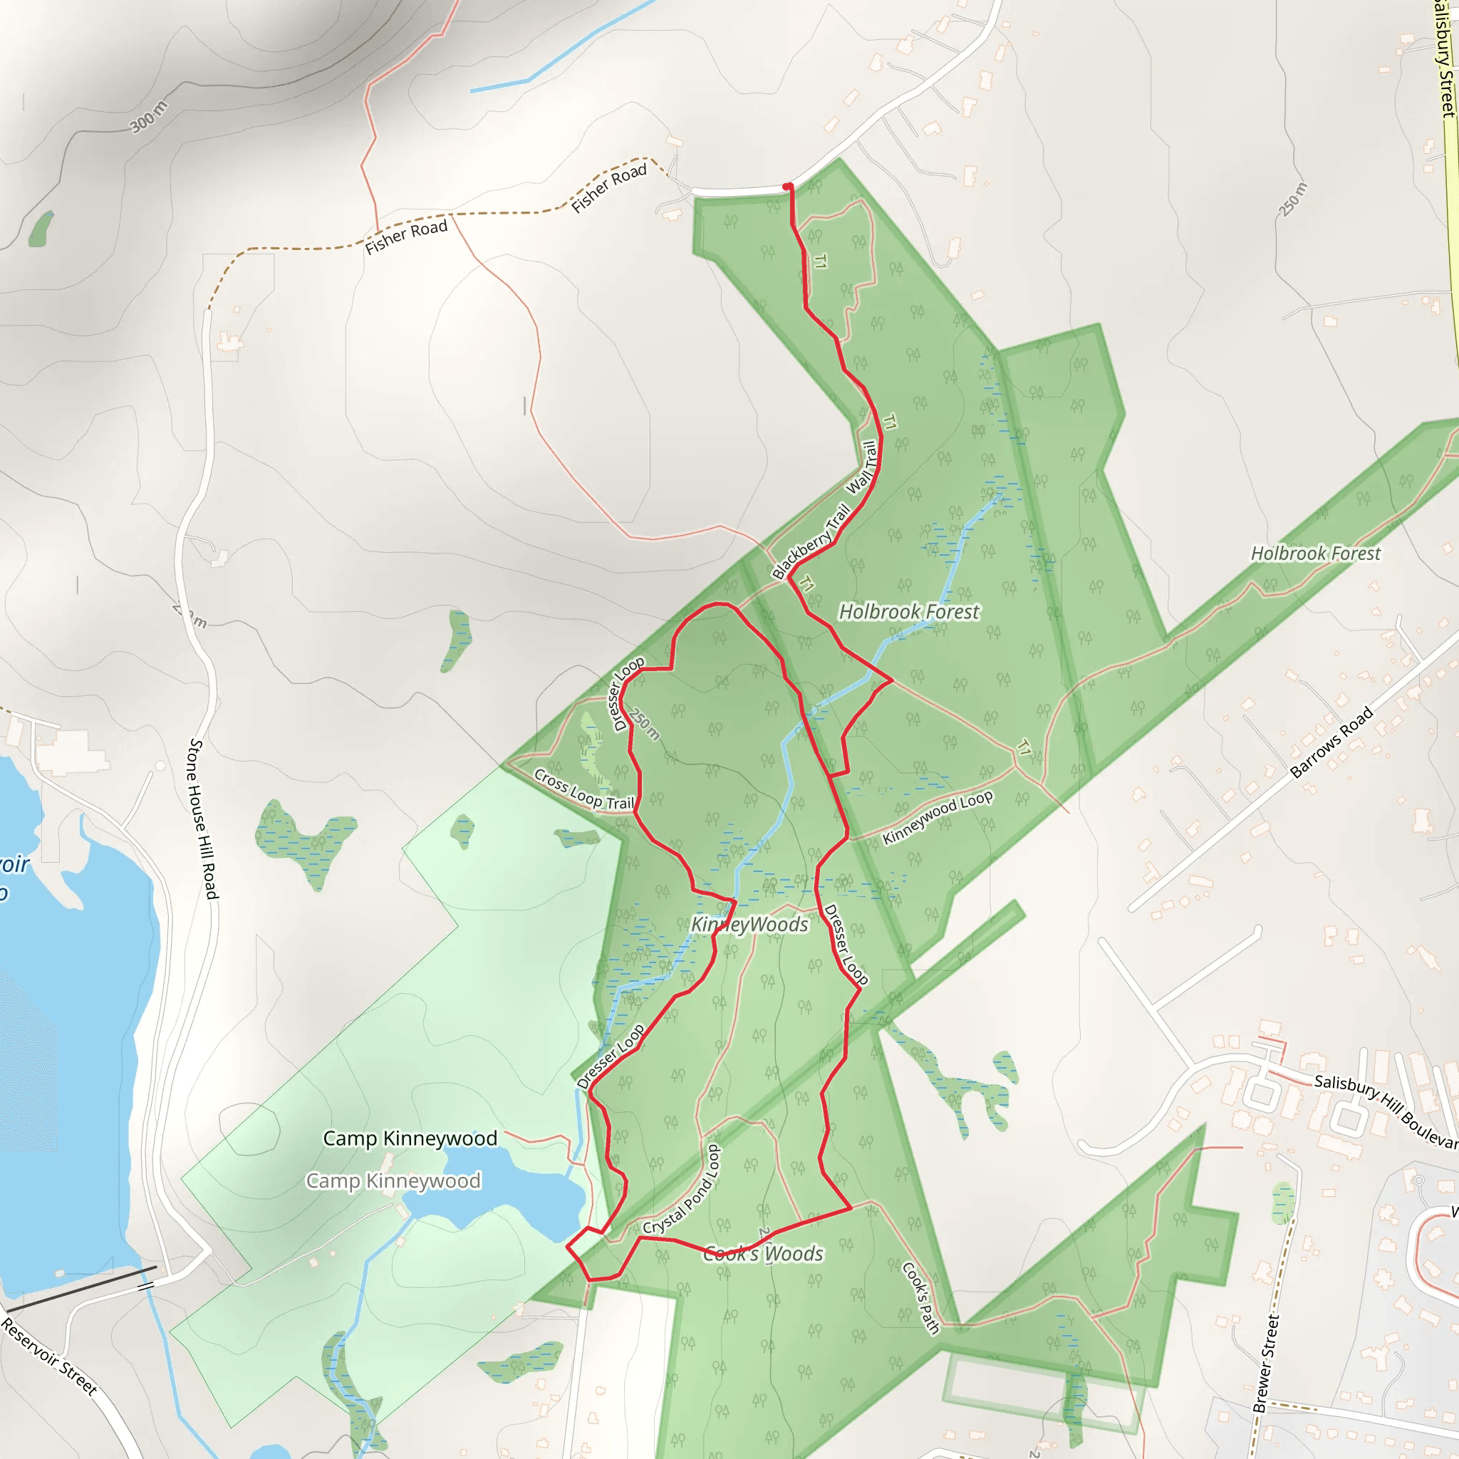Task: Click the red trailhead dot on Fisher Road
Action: coord(787,187)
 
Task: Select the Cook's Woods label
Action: coord(763,1254)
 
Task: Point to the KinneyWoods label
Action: coord(749,924)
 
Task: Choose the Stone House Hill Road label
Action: coord(202,819)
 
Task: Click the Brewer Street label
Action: coord(1266,1364)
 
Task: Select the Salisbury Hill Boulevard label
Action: coord(1386,1111)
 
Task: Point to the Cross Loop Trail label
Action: coord(583,789)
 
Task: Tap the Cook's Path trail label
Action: coord(920,1298)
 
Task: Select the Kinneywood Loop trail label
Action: coord(938,817)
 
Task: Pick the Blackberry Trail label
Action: coord(810,541)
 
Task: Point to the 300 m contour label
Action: coord(148,116)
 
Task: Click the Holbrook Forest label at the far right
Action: coord(1316,554)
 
